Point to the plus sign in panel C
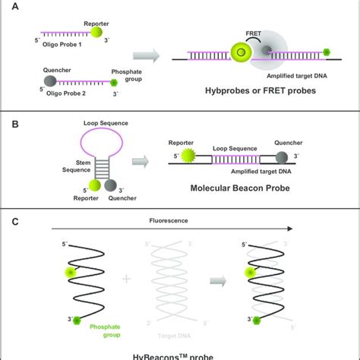pyautogui.click(x=126, y=279)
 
